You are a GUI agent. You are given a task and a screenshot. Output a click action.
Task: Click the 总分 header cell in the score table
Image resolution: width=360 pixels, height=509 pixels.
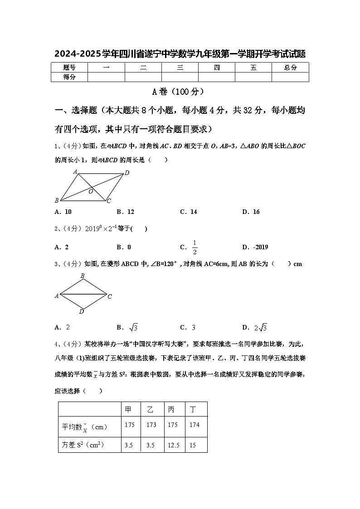290,68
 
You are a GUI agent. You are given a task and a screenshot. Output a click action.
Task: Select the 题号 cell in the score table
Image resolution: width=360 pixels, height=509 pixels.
69,68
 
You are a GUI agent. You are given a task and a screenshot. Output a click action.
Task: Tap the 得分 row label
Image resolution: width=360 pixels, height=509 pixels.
69,77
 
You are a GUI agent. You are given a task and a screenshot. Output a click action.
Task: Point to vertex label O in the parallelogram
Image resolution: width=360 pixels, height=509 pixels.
91,192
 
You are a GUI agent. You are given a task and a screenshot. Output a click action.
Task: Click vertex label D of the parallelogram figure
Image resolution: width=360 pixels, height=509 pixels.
127,173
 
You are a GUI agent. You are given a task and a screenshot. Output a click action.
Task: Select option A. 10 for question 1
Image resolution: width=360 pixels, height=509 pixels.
63,212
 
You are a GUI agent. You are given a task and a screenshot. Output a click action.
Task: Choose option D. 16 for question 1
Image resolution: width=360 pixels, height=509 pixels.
251,212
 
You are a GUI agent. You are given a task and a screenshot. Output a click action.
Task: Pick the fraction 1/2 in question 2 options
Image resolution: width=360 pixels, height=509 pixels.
195,247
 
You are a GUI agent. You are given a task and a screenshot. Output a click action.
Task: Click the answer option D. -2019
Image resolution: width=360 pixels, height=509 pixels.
255,247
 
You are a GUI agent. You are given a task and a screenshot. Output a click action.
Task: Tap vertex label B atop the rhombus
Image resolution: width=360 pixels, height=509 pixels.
83,276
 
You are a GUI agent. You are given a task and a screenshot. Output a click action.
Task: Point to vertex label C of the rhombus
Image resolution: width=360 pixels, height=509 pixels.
110,296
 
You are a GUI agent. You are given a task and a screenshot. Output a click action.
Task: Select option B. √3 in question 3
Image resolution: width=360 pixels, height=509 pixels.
127,327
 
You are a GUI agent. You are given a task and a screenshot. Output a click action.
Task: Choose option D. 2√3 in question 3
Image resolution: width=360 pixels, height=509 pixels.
254,327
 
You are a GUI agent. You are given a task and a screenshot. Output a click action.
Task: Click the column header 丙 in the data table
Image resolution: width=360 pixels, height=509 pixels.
171,409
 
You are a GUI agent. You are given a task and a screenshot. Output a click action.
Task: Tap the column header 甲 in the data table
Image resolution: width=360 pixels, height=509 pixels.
129,409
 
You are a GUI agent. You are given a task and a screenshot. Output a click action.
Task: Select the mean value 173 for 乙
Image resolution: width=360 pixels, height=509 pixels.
151,425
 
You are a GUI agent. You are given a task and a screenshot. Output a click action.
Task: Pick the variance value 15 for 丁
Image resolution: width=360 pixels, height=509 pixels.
193,446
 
